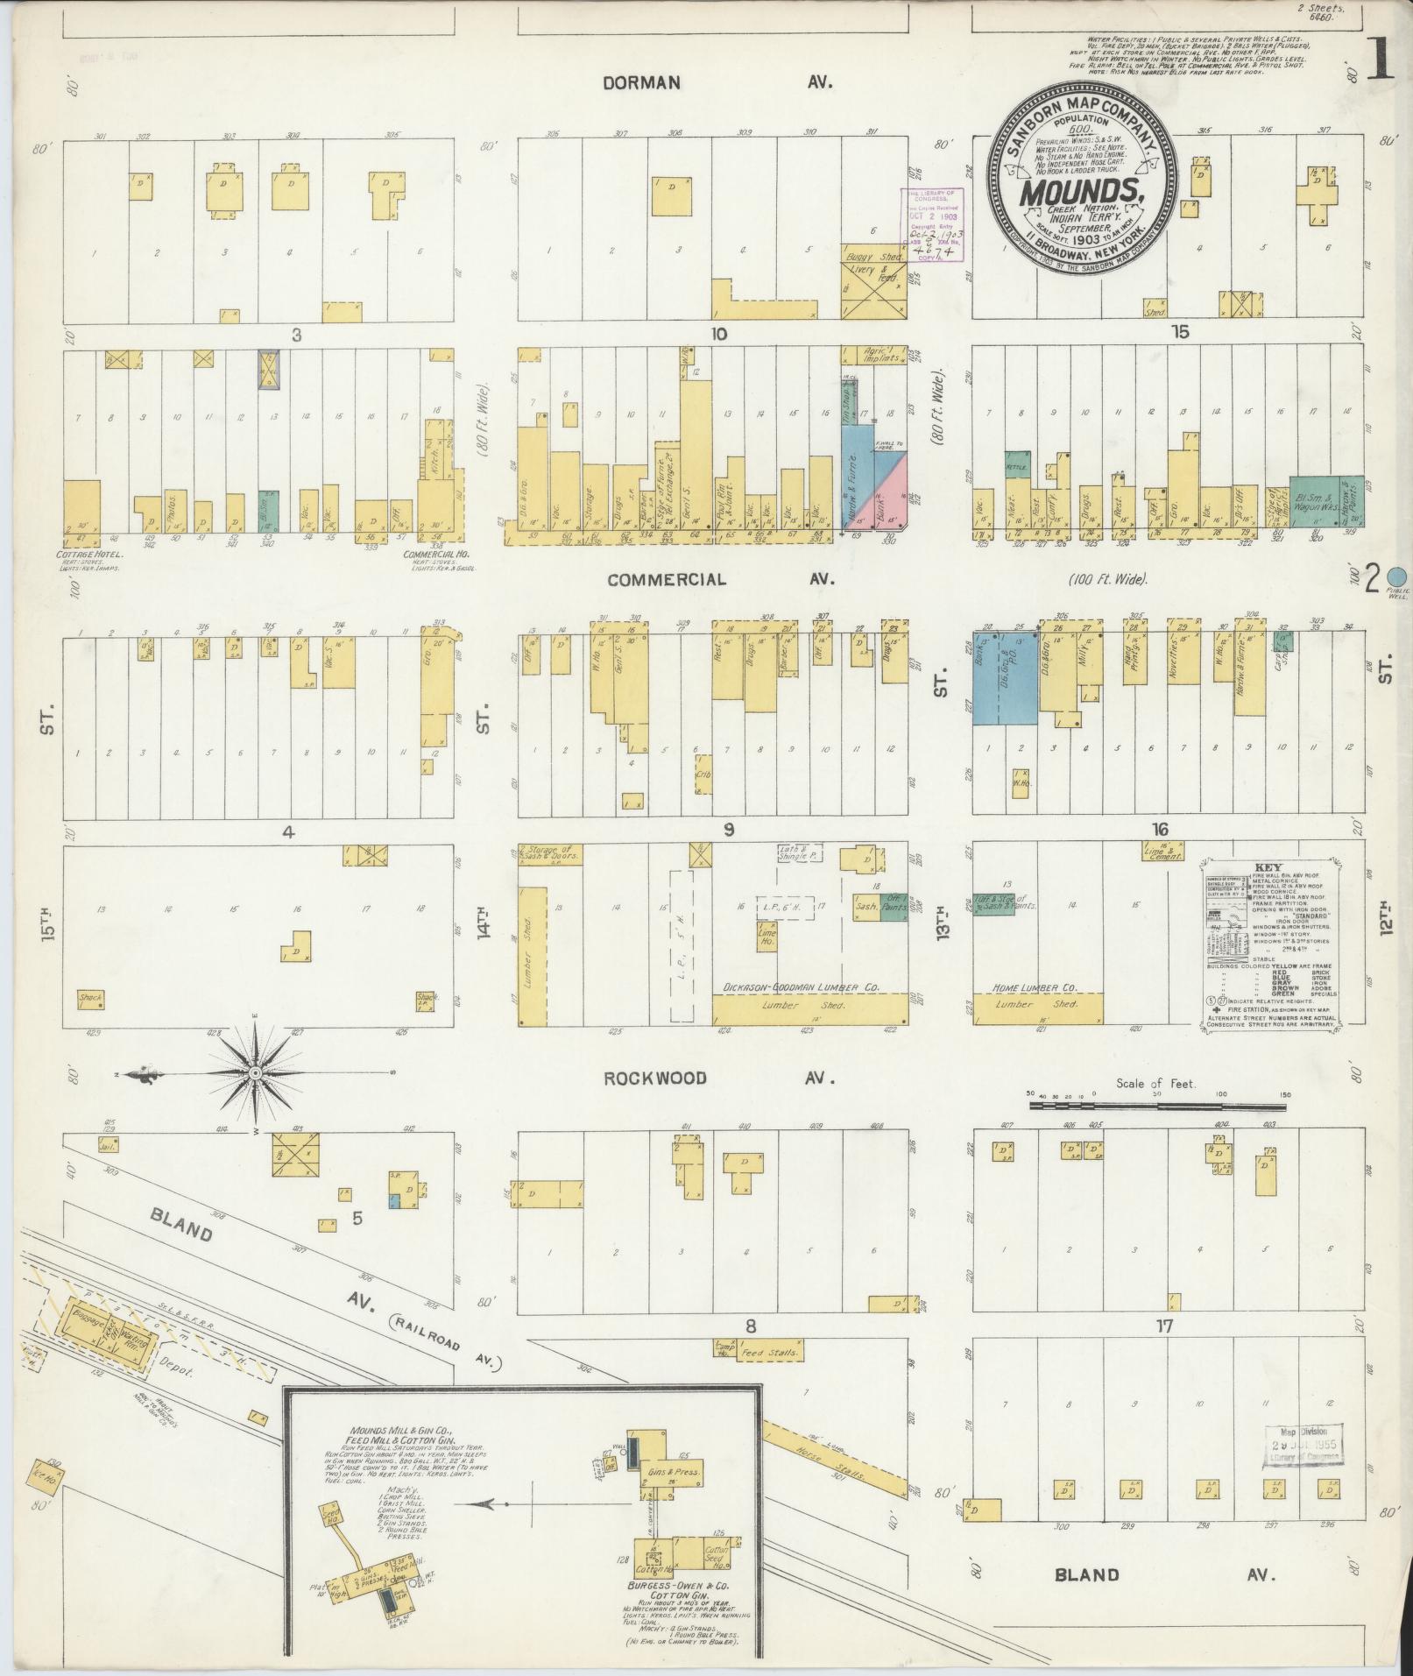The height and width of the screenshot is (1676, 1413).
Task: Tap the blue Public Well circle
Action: (x=1399, y=576)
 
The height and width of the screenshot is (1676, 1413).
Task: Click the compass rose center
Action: (x=255, y=1073)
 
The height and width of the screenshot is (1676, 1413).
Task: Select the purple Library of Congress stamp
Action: (x=933, y=225)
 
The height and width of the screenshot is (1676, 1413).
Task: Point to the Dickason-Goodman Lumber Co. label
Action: (x=801, y=987)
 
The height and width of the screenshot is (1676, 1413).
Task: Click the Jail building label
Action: (x=108, y=1144)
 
